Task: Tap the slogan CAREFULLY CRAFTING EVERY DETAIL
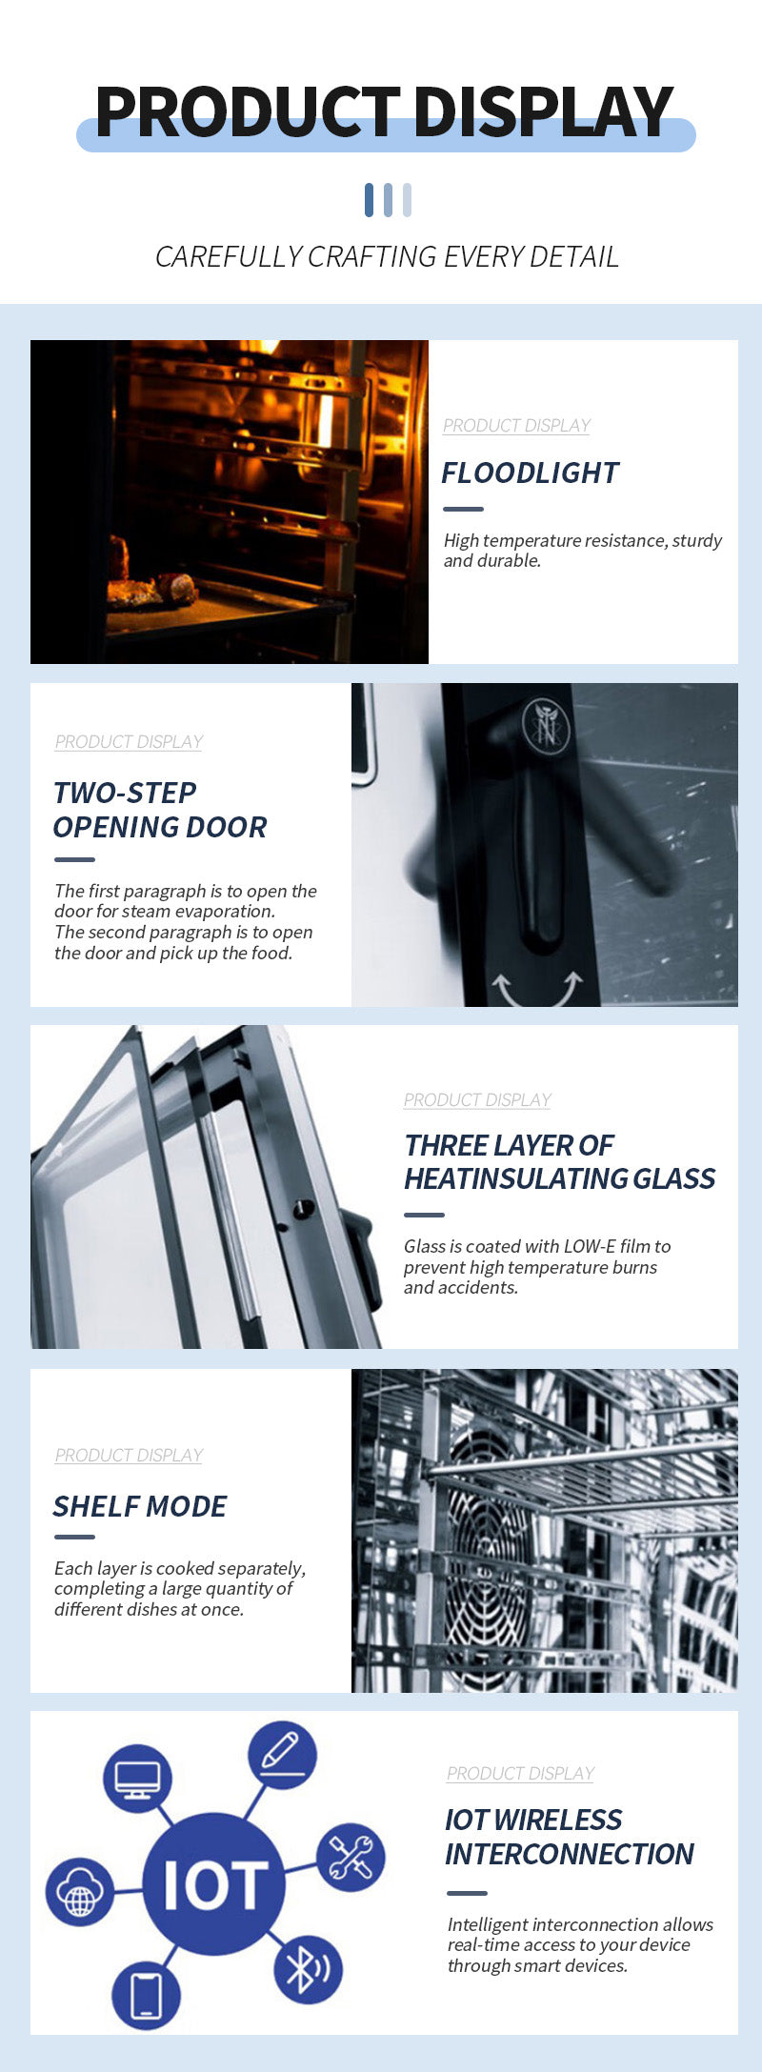point(387,256)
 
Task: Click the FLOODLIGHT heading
point(530,473)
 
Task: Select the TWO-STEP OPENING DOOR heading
point(160,810)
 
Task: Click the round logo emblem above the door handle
point(546,726)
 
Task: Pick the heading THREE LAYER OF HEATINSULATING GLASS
point(559,1162)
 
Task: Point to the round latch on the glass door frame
point(303,1208)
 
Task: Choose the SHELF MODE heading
point(140,1506)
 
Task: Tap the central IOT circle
point(213,1883)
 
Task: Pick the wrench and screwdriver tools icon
point(351,1858)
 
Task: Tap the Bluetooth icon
point(309,1969)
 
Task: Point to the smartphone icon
point(147,1995)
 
